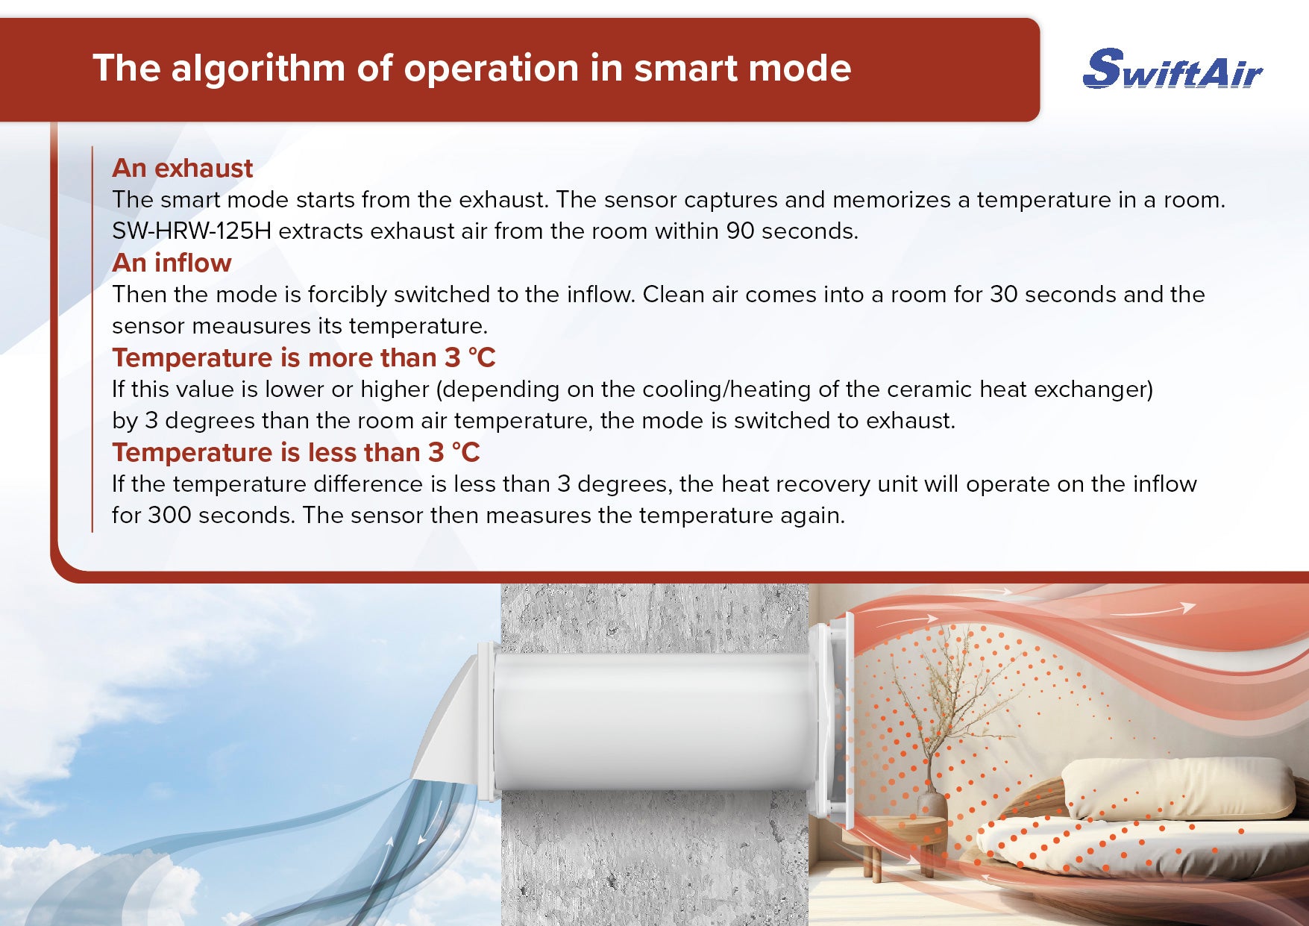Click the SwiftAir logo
[x=1172, y=69]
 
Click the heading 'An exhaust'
[x=183, y=168]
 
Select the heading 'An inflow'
[x=172, y=263]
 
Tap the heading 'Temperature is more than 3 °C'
[x=304, y=357]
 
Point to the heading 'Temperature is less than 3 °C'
[x=296, y=452]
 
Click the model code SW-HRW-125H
[x=192, y=231]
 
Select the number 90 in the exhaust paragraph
[x=741, y=231]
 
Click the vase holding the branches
[x=932, y=809]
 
